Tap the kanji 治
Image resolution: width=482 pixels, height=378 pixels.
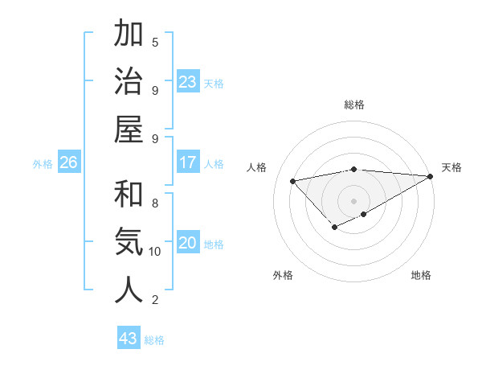tap(129, 82)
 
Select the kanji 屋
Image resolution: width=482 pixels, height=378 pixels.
tap(129, 129)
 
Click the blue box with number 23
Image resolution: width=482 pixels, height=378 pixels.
tap(188, 82)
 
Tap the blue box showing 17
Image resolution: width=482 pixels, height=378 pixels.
tap(188, 162)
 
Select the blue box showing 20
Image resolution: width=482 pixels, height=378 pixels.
tap(188, 243)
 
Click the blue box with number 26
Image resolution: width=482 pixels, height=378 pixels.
tap(68, 162)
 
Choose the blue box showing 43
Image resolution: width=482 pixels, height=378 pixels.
tap(129, 339)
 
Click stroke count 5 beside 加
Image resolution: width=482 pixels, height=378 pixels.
tap(155, 42)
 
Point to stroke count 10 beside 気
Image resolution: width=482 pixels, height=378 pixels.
tap(155, 252)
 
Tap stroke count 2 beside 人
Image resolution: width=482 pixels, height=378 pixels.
tap(155, 300)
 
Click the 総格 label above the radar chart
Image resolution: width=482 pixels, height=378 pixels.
tap(354, 105)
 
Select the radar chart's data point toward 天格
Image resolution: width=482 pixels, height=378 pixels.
tap(431, 176)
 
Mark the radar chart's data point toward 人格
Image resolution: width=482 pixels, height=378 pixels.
tap(293, 180)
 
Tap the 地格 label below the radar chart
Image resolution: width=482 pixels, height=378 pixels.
tap(421, 276)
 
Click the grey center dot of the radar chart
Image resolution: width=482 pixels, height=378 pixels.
tap(354, 199)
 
